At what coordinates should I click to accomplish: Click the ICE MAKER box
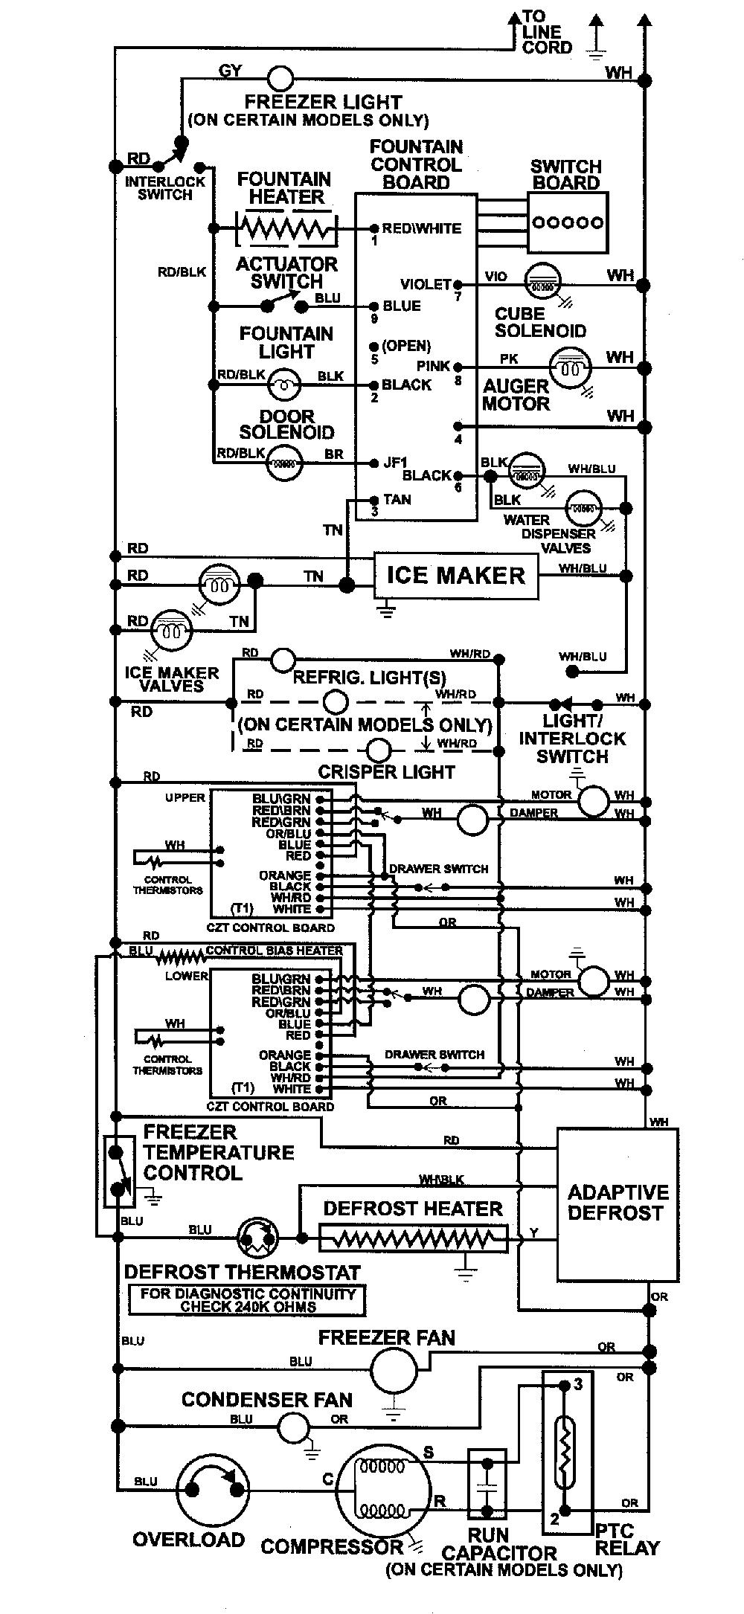(455, 575)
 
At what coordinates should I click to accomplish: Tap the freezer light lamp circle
(280, 78)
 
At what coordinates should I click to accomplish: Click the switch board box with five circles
(568, 222)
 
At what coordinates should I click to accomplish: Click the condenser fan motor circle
(294, 1426)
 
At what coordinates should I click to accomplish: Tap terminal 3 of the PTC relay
(563, 1385)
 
